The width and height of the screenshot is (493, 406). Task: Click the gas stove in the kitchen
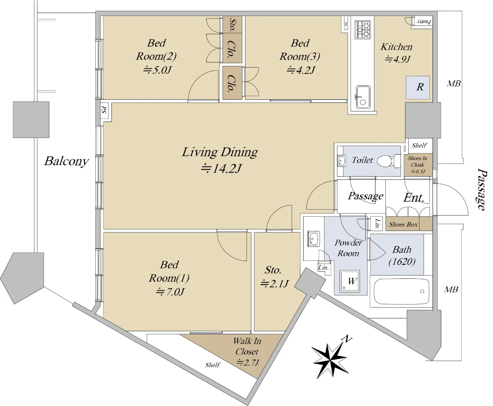coord(363,30)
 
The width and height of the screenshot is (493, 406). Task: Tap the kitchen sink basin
coord(363,97)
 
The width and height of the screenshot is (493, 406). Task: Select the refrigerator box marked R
coord(418,87)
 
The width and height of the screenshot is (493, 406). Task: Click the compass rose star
coord(330,358)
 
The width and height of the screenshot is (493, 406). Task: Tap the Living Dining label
coord(220,152)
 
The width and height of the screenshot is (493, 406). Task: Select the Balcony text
coord(67,161)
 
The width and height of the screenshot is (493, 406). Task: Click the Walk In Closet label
coord(247,346)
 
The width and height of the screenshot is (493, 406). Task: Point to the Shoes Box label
coord(403,225)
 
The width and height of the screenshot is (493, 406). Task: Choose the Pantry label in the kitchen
coord(424,22)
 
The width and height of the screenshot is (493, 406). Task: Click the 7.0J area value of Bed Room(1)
coord(170,292)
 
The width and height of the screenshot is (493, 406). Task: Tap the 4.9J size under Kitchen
coord(398,59)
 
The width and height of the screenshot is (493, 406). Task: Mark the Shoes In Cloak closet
coord(418,165)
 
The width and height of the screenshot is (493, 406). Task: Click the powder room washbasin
coord(313,239)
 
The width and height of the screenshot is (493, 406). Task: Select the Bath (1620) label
coord(402,255)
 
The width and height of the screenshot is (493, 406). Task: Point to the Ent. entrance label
coord(414,198)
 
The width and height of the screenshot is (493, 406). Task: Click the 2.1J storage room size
coord(274,283)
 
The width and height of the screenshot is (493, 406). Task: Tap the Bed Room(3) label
coord(300,50)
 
